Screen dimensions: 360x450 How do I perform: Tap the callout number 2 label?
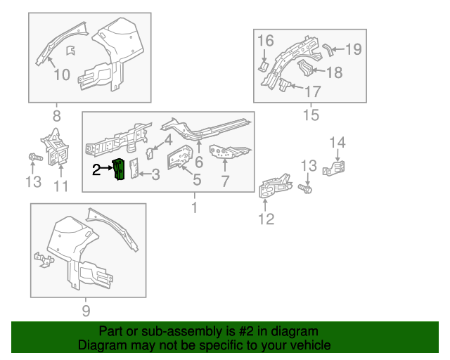click(x=97, y=169)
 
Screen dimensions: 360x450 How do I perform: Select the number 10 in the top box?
click(x=61, y=74)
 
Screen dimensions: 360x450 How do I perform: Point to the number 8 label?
click(x=56, y=115)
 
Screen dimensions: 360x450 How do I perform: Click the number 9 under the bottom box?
click(x=86, y=310)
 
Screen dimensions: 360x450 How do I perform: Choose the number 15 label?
click(x=310, y=115)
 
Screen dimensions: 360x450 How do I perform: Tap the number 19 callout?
click(x=353, y=49)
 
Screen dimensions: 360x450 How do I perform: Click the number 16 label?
click(x=264, y=41)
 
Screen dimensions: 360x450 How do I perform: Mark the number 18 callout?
click(x=334, y=72)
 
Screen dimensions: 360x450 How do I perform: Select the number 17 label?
click(x=312, y=91)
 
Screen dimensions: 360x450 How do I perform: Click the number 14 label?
click(x=338, y=143)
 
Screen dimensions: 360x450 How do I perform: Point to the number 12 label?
click(x=266, y=219)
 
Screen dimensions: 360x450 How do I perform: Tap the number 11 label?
click(x=61, y=186)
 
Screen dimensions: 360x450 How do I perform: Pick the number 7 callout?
click(x=225, y=181)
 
